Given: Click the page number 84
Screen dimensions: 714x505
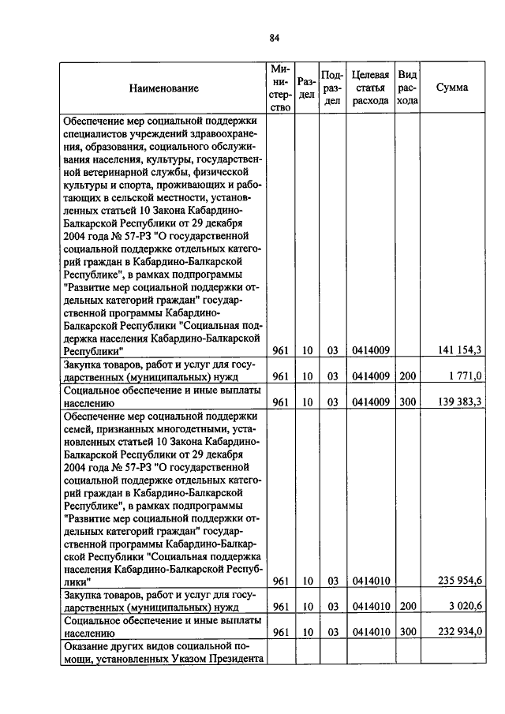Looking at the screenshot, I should pyautogui.click(x=275, y=38).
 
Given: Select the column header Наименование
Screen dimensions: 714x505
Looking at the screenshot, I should pyautogui.click(x=164, y=88).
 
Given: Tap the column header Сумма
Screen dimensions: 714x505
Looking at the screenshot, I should pyautogui.click(x=451, y=88).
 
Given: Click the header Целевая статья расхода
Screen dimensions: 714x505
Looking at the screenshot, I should pyautogui.click(x=370, y=88).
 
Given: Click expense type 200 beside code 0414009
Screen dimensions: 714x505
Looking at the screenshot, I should pyautogui.click(x=407, y=376).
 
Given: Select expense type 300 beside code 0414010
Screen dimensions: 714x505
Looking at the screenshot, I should pyautogui.click(x=407, y=632).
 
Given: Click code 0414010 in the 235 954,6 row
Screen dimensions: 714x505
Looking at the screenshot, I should pyautogui.click(x=371, y=581).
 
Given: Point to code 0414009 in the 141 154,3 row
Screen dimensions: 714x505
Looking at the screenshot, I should pyautogui.click(x=371, y=350).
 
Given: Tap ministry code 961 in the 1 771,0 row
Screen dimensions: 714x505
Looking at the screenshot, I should pyautogui.click(x=279, y=376).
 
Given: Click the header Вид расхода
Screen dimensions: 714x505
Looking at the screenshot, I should pyautogui.click(x=407, y=88).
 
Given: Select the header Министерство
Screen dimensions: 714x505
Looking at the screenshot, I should pyautogui.click(x=280, y=88).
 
